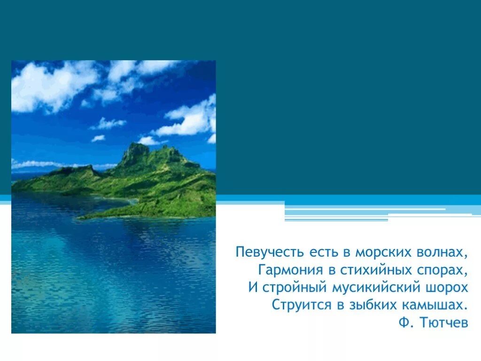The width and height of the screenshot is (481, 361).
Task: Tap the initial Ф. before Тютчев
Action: pos(404,323)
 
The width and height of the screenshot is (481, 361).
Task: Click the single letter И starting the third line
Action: pos(253,288)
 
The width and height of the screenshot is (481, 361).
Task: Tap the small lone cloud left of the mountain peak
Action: pos(98,138)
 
